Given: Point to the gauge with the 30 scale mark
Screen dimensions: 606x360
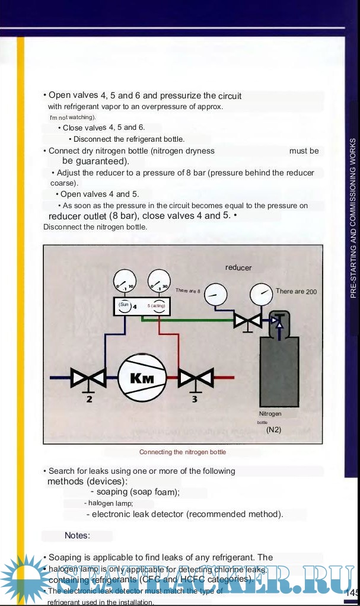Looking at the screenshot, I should click(158, 283).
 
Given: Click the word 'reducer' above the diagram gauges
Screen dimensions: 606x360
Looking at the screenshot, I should click(238, 267).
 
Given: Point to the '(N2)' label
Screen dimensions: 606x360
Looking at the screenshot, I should click(273, 429).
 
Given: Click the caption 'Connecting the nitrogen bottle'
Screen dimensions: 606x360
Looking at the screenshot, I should click(183, 452).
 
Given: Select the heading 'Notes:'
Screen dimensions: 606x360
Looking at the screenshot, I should click(77, 535).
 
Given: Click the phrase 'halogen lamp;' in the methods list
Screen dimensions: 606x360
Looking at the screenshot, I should click(109, 503).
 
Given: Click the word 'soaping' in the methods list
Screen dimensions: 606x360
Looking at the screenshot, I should click(111, 492).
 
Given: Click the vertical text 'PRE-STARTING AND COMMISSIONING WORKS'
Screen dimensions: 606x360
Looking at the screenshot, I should click(353, 218).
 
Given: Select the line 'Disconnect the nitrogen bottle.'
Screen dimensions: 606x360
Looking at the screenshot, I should click(95, 227).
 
